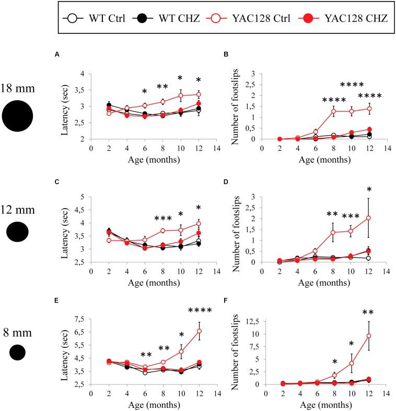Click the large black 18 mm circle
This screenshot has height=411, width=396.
pos(17,115)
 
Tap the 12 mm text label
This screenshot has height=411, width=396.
pos(17,210)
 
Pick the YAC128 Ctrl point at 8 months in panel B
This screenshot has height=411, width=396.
pos(333,111)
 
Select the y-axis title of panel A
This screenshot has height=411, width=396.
pos(66,106)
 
